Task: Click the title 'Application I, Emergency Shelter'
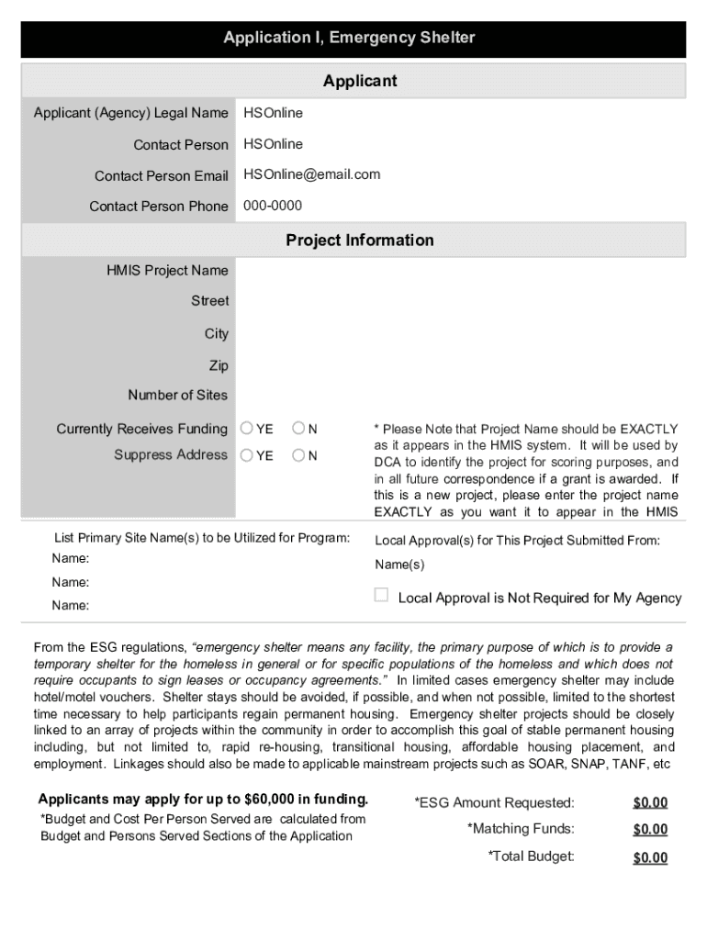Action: click(x=349, y=38)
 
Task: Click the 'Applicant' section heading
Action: click(x=360, y=81)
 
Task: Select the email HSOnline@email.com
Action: click(x=311, y=174)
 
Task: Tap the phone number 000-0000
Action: click(x=272, y=206)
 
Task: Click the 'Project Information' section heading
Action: click(x=359, y=241)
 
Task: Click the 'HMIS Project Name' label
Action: click(x=167, y=271)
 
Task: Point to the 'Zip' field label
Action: click(x=219, y=365)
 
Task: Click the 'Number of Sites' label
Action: click(x=178, y=396)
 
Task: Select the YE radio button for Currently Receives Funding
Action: click(x=247, y=429)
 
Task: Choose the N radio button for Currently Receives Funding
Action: click(x=298, y=429)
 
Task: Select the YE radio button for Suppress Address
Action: click(x=247, y=455)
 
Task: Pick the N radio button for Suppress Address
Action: click(x=298, y=455)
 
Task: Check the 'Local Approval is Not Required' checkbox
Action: click(x=381, y=596)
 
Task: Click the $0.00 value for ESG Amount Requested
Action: click(x=650, y=803)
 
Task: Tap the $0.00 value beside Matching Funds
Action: click(x=650, y=830)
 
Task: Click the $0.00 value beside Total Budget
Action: click(x=650, y=858)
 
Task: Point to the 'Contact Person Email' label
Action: click(x=161, y=176)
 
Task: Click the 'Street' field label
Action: click(x=209, y=301)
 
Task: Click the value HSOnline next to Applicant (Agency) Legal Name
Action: click(x=273, y=113)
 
